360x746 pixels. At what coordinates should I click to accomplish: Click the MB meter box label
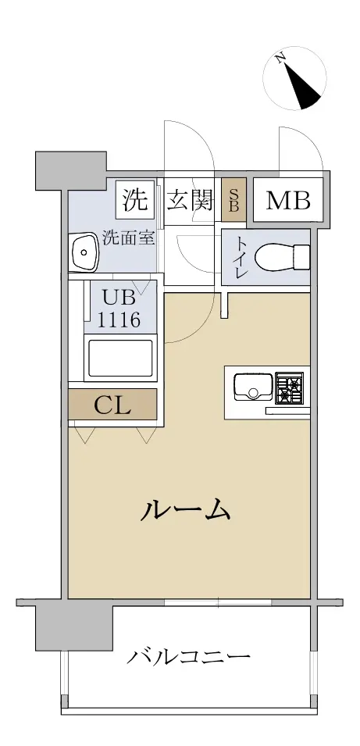288,201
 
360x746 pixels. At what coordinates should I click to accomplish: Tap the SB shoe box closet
233,199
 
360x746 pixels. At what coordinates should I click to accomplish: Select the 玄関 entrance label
189,201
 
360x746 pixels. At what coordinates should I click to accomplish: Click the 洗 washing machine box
136,200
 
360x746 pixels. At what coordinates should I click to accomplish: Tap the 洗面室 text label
130,238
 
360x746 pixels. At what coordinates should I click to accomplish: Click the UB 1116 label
119,309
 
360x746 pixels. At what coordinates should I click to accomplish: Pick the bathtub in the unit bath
120,358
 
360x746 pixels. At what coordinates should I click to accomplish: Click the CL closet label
112,405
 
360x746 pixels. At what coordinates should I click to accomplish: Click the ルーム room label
186,509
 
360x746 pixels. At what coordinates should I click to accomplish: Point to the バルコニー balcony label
188,658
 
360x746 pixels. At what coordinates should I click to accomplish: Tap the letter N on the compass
280,58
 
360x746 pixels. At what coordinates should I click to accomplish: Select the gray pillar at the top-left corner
71,169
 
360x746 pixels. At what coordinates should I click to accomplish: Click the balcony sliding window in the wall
218,601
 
